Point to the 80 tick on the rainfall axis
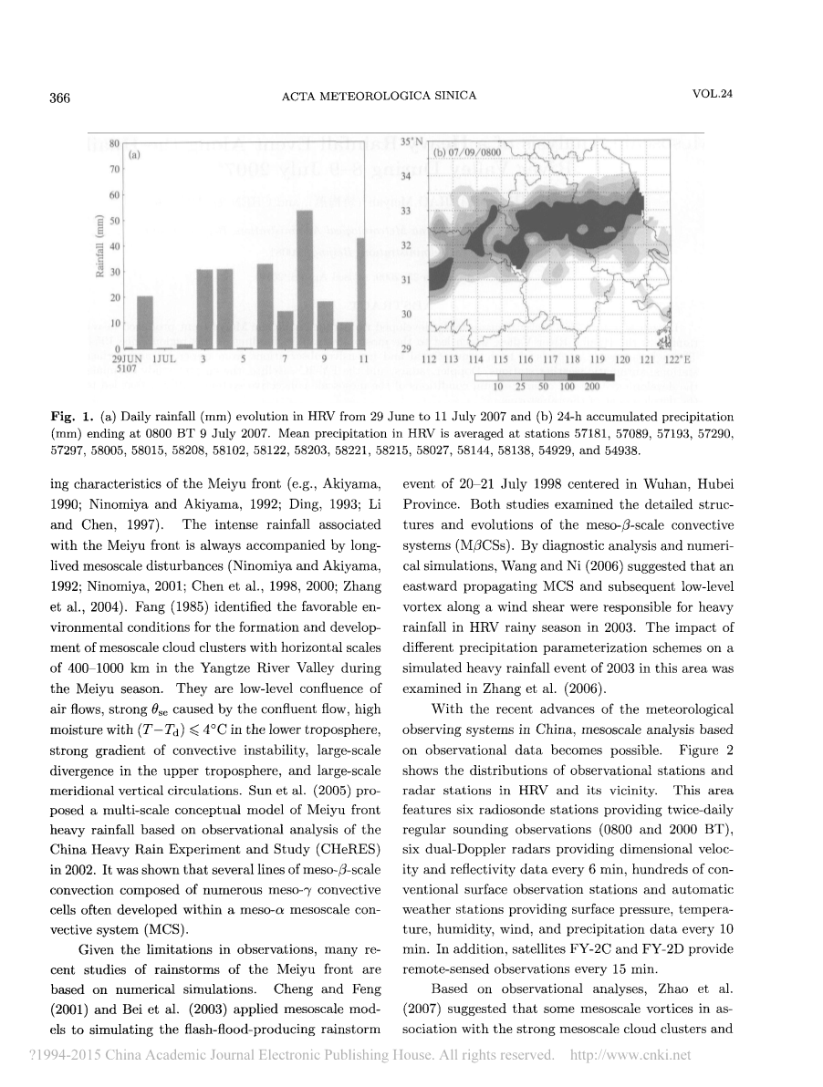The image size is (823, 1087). (x=115, y=143)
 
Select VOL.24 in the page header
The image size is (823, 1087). (x=713, y=97)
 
